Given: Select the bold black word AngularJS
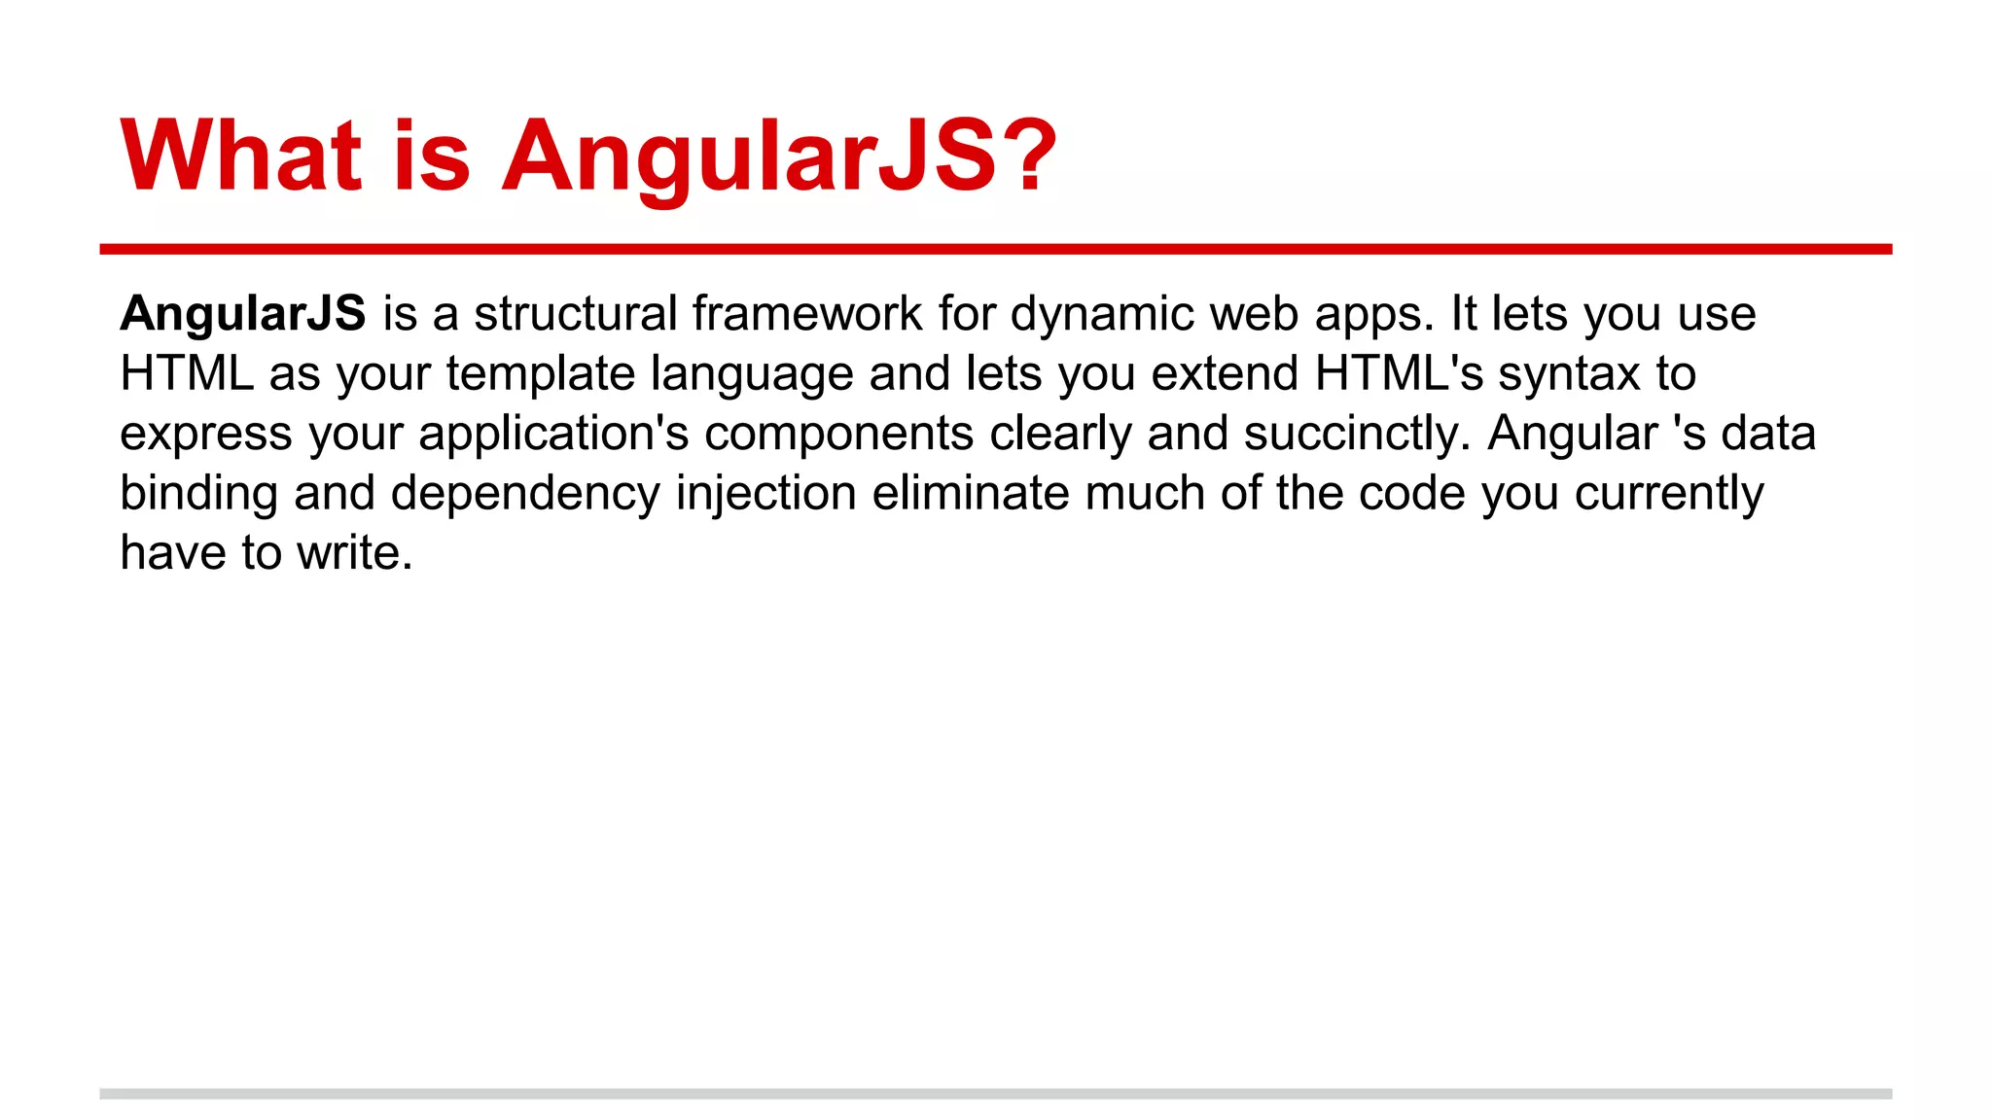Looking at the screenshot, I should click(242, 314).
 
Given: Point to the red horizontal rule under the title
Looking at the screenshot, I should click(995, 250).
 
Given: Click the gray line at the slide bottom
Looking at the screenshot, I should click(995, 1094).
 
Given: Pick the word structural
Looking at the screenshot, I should click(576, 314).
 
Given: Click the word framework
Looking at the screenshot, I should click(807, 314).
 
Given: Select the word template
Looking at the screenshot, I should click(541, 374).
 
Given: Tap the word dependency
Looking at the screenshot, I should click(525, 494).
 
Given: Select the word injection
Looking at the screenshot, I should click(766, 494).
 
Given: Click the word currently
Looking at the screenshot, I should click(1669, 494).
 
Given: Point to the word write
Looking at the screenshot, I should click(355, 553).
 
